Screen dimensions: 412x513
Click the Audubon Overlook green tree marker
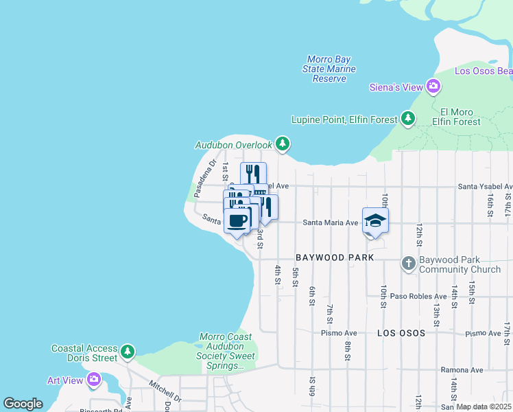pos(282,144)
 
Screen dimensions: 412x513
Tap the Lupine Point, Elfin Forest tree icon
pos(408,119)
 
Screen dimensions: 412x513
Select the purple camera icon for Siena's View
pos(433,87)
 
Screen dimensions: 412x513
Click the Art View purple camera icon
pos(94,379)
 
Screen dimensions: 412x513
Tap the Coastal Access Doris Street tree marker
pos(128,352)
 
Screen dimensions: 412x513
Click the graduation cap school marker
pos(375,220)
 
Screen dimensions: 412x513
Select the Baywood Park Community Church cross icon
pos(408,264)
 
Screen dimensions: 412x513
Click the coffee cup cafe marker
pos(237,220)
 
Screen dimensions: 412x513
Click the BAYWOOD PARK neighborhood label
pos(335,257)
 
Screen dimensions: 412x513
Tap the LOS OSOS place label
pos(401,332)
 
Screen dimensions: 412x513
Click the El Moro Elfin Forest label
pos(460,117)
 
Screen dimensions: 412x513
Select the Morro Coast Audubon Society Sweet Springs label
pos(226,352)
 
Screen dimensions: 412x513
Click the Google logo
pos(23,404)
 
